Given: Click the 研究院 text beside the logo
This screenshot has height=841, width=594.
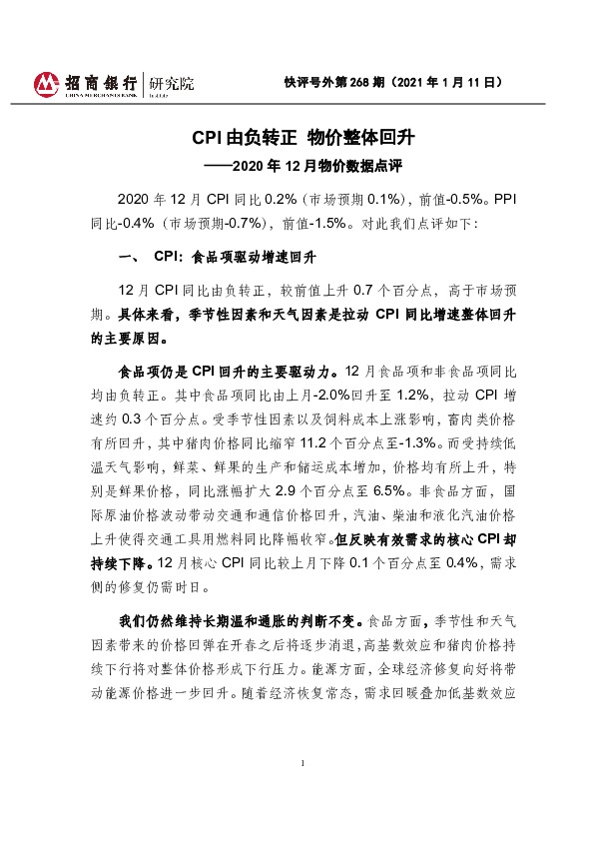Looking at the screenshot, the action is [x=167, y=81].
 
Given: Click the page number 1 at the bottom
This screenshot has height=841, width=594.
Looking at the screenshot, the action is [x=301, y=764].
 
